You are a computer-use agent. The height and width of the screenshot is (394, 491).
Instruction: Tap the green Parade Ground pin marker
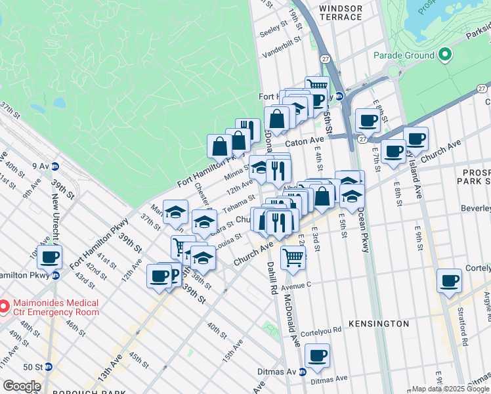click(444, 55)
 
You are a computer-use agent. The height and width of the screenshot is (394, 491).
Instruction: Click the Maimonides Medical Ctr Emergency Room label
click(54, 307)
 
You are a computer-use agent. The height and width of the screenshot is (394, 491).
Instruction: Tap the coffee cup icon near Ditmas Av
click(317, 356)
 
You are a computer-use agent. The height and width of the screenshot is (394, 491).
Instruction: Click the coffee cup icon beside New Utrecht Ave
click(50, 257)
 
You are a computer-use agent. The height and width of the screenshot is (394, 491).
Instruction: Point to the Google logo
click(21, 386)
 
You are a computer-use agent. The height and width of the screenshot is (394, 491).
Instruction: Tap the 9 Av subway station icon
click(56, 166)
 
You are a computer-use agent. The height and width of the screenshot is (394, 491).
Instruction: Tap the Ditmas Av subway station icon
click(303, 371)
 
